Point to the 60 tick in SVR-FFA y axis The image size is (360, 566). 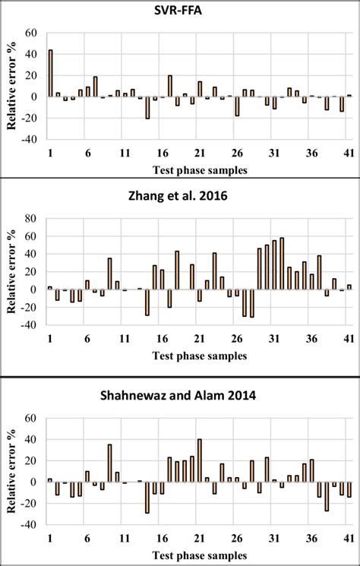(x=32, y=33)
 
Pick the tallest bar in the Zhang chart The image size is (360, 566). (x=282, y=264)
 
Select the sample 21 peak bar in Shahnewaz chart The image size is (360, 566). (x=199, y=460)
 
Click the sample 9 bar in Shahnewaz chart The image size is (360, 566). (x=109, y=463)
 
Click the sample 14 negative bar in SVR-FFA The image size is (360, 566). (x=147, y=108)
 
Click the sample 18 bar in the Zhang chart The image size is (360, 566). (x=177, y=270)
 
